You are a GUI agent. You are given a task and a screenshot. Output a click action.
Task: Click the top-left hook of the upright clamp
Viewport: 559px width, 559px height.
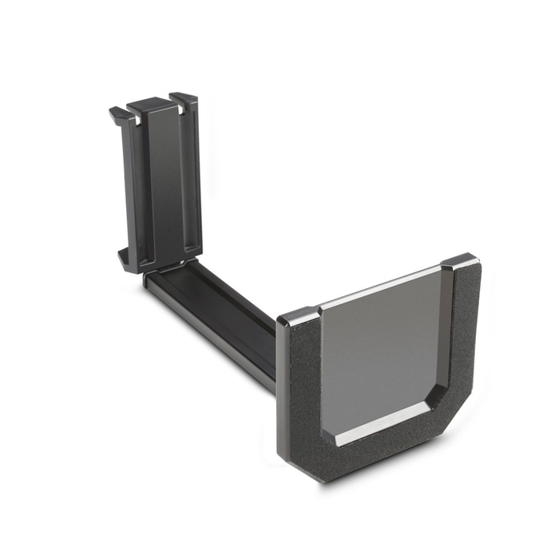tap(117, 113)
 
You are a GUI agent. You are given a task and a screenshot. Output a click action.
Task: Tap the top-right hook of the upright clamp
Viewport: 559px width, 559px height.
tap(185, 99)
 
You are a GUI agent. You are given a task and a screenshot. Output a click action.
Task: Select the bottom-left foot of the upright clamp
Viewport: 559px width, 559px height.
tap(124, 258)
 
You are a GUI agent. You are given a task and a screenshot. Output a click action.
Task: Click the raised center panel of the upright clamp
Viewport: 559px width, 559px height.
tap(157, 184)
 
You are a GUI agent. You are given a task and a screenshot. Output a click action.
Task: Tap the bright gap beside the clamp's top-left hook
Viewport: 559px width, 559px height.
tap(129, 120)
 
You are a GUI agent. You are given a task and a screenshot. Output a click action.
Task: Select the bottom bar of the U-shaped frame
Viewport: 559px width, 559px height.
tap(375, 455)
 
